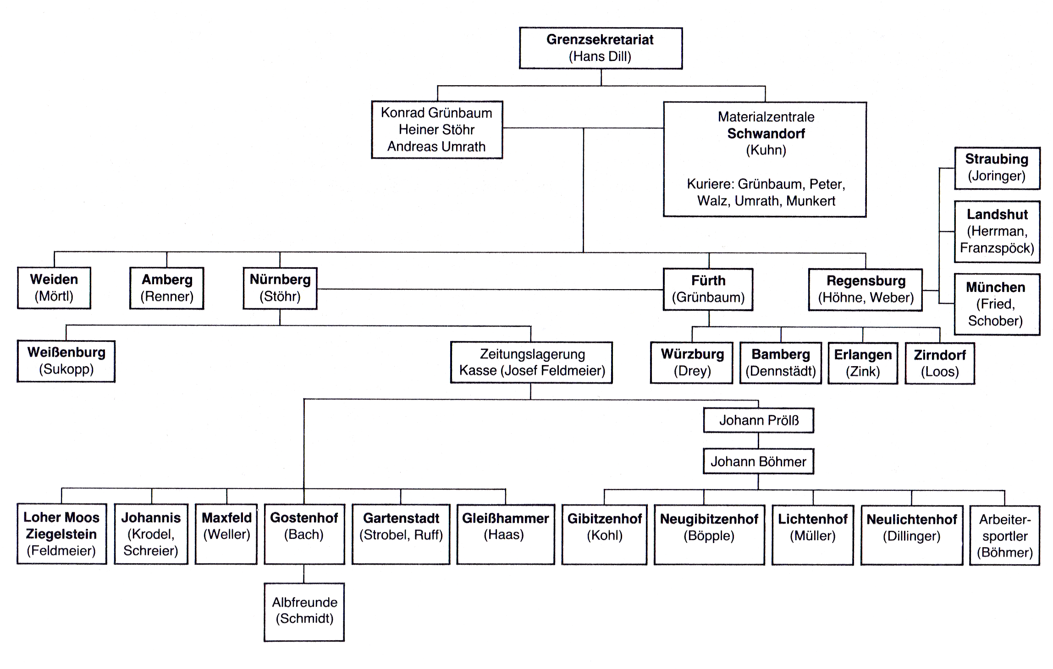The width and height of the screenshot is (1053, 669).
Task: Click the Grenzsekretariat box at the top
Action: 600,48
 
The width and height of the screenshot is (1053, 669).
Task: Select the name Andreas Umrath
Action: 436,147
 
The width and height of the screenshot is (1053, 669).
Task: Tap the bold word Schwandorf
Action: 766,133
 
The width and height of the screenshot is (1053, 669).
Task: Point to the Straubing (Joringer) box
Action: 997,168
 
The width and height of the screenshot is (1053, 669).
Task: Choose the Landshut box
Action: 997,231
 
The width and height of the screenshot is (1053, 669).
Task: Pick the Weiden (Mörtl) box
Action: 54,288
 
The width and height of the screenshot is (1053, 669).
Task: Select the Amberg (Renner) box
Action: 167,288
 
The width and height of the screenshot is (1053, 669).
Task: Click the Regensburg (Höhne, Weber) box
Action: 866,289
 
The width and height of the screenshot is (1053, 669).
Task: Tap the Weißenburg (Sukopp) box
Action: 66,361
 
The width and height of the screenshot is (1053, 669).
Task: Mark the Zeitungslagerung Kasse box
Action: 531,362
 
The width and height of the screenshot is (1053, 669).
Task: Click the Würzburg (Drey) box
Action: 692,362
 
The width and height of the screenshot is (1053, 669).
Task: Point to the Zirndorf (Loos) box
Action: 939,363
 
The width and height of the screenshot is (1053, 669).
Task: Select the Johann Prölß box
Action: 758,421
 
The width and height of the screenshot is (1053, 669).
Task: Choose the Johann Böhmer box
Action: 758,461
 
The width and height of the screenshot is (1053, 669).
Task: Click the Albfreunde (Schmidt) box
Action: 304,611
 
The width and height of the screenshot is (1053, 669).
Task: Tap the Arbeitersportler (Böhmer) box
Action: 1004,536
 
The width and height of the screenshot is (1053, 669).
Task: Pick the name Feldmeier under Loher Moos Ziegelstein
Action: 61,551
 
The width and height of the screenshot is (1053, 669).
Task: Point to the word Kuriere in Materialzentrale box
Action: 710,184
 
